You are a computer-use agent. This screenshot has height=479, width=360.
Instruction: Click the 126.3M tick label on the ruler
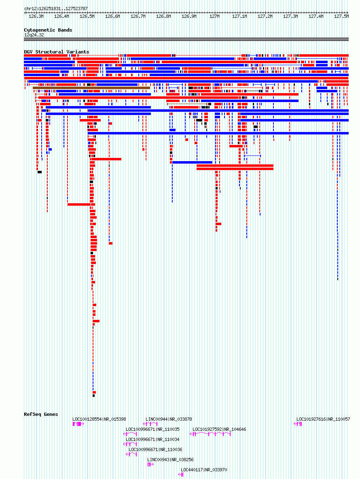[x=36, y=17]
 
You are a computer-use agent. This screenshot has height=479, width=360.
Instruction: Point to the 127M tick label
[x=214, y=17]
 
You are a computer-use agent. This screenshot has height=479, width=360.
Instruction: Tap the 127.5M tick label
[x=341, y=17]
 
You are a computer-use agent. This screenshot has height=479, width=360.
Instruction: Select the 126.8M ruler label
[x=163, y=17]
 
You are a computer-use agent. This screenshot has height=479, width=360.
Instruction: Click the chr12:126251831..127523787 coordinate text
[x=56, y=9]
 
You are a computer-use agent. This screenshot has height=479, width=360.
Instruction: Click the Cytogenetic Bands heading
[x=48, y=30]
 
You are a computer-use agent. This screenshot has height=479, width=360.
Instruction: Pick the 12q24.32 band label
[x=34, y=35]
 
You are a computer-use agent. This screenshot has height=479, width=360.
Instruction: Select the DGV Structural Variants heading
[x=57, y=52]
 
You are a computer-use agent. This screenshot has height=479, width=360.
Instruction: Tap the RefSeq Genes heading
[x=41, y=414]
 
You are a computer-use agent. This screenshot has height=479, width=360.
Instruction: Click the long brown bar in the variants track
[x=91, y=88]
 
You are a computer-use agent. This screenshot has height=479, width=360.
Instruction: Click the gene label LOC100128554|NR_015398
[x=99, y=419]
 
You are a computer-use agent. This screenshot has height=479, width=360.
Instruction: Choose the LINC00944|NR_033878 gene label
[x=169, y=419]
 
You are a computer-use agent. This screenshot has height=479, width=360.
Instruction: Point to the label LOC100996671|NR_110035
[x=152, y=429]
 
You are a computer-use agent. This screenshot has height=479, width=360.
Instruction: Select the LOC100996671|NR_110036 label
[x=155, y=449]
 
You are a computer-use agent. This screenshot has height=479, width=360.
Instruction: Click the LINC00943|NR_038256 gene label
[x=170, y=460]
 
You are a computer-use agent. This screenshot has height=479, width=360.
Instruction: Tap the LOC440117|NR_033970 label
[x=204, y=470]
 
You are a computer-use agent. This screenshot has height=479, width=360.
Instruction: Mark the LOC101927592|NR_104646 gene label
[x=219, y=429]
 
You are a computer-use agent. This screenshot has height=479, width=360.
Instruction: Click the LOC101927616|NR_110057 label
[x=323, y=419]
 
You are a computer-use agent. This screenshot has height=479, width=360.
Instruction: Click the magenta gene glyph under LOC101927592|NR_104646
[x=210, y=434]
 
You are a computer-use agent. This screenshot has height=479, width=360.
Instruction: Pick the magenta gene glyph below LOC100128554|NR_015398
[x=78, y=424]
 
